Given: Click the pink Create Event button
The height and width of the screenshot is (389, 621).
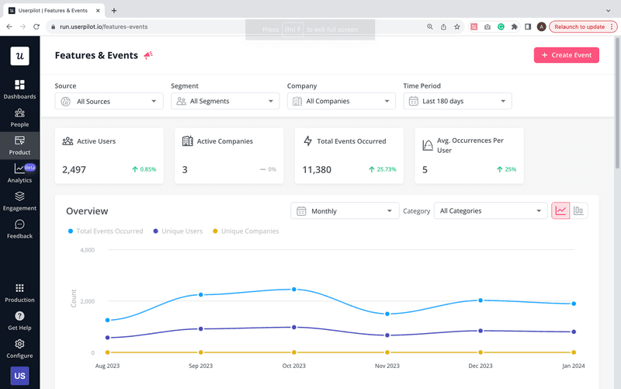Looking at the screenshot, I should (x=566, y=55).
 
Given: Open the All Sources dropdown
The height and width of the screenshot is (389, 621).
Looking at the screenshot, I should (x=109, y=101).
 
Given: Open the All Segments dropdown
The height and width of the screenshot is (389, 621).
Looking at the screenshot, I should (x=225, y=101).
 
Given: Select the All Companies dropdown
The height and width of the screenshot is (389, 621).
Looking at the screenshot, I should (x=341, y=101).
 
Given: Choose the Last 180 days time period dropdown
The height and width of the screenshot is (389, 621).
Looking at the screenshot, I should (x=457, y=101).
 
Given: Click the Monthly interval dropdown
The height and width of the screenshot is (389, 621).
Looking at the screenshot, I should (x=345, y=211).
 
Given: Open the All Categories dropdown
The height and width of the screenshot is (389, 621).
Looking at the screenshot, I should (x=490, y=211).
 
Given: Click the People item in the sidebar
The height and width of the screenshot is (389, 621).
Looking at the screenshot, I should (x=19, y=118).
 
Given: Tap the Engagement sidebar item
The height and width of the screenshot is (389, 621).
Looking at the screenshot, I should (x=19, y=201).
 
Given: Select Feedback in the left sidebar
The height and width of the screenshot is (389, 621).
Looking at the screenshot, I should (x=19, y=229).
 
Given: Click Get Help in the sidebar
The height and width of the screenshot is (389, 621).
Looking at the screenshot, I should (x=19, y=321).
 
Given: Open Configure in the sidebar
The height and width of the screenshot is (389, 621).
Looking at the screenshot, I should (x=19, y=349).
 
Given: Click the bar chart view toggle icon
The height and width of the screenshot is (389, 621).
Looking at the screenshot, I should (x=579, y=210).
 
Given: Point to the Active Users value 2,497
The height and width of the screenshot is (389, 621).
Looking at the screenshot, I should (x=75, y=169).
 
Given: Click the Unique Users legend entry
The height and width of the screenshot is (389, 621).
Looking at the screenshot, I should (x=182, y=231).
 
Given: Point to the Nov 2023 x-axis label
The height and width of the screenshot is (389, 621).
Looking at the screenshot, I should (x=387, y=366).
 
